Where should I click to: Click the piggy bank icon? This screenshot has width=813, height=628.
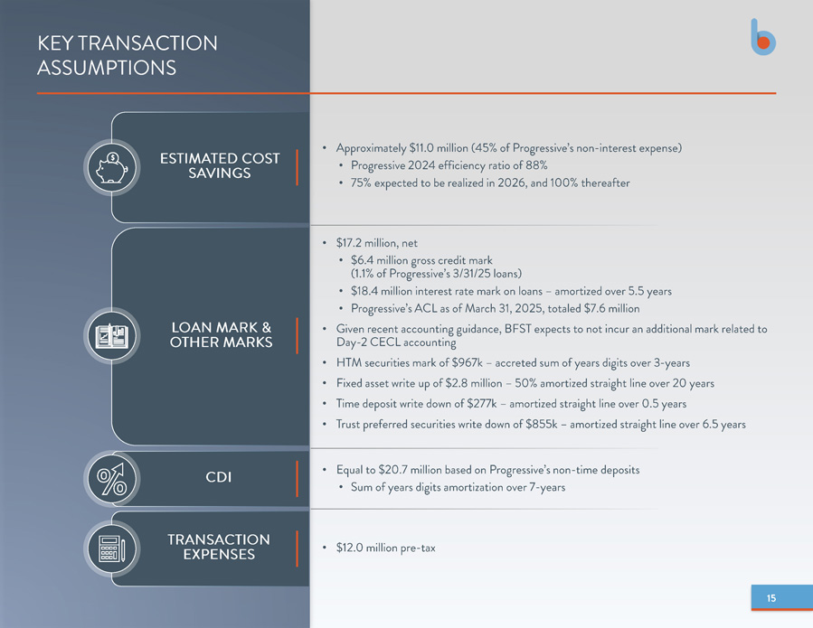pos(112,167)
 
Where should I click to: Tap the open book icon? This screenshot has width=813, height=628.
pos(112,336)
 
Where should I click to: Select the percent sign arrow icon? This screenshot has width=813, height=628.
pos(112,479)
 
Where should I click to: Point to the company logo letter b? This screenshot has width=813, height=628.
pos(763,37)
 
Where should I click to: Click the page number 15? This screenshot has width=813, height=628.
pos(771,598)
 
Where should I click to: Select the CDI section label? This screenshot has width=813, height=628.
pos(218,477)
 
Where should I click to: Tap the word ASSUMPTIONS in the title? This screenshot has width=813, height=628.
pos(107,68)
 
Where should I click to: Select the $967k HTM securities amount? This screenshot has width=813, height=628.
pos(468,362)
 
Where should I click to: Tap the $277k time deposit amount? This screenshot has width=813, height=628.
pos(482,404)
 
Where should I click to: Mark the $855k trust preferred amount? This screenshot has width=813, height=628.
pos(542,425)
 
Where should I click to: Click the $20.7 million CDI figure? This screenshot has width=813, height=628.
pos(410,470)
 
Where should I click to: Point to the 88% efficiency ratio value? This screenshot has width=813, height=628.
pos(536,165)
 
